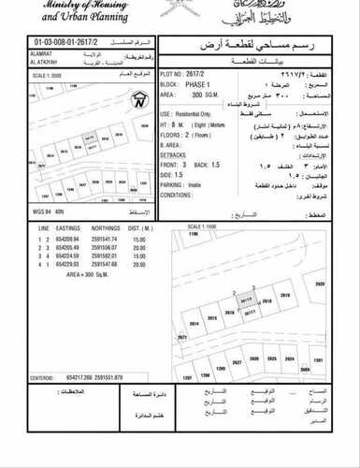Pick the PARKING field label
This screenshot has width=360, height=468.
[x=178, y=185]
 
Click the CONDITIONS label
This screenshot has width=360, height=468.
[x=180, y=195]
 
